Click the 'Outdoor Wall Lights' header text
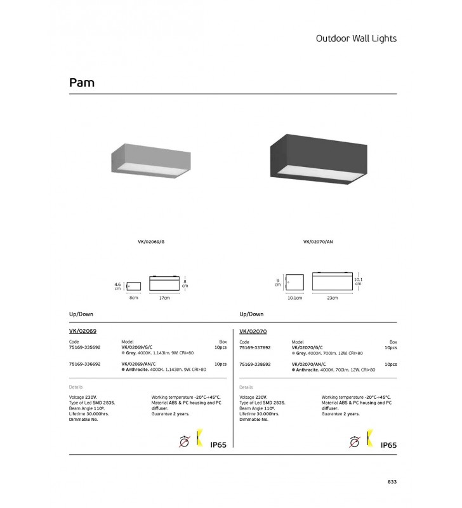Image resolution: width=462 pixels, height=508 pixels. pos(356,38)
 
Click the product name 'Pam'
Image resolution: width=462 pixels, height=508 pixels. pos(82,83)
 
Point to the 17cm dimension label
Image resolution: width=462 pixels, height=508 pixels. pos(165,298)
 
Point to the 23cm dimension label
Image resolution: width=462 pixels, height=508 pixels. pos(333,298)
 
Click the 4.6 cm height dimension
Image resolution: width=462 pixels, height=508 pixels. pos(117,286)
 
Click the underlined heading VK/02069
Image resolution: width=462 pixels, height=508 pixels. pos(82,331)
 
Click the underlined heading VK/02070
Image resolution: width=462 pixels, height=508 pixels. pos(253,331)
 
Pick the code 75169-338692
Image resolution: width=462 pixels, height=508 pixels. pos(254,364)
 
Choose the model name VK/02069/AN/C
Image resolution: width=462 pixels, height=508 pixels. pos(138,364)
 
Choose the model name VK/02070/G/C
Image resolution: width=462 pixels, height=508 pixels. pos(307,347)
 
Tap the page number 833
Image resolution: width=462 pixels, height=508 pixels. pos(392,482)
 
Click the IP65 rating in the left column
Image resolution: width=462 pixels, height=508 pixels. pos(218,444)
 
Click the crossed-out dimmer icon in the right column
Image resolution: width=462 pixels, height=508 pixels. pos(354,441)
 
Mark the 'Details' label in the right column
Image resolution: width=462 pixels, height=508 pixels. pos(246,387)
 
